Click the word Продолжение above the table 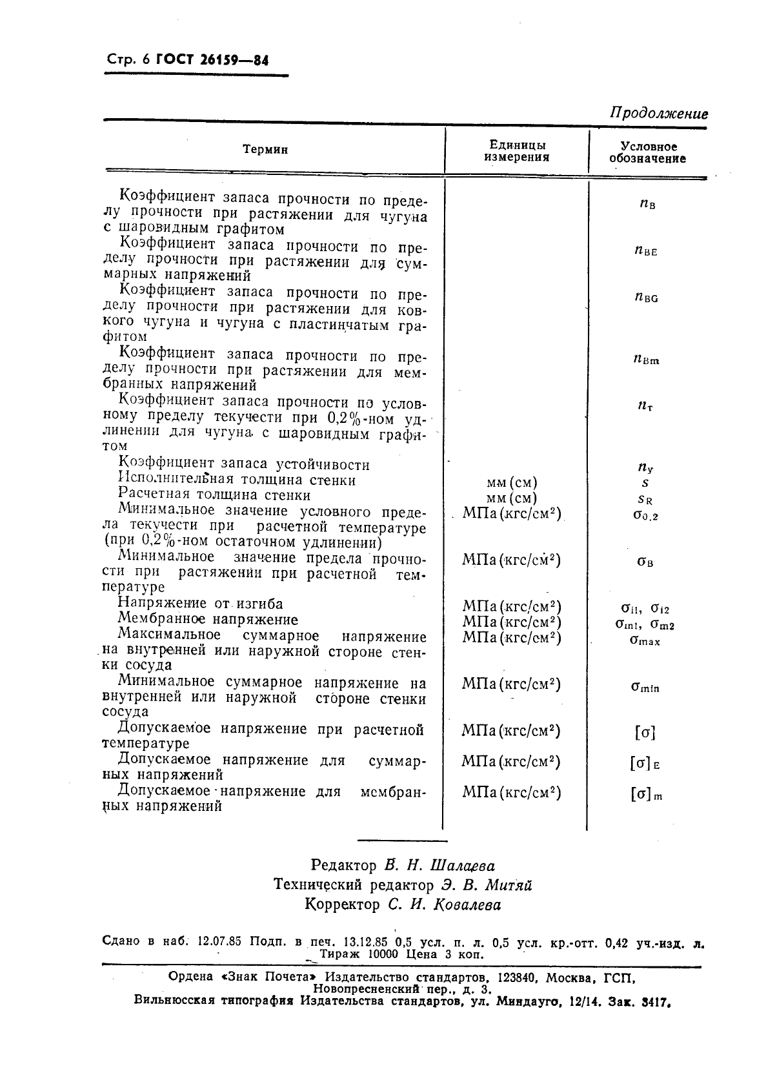point(658,114)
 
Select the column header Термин point(265,150)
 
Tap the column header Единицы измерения point(517,151)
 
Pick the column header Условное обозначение point(647,152)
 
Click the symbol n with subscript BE point(645,251)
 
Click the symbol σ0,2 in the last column point(645,515)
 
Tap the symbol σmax point(645,640)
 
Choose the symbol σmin point(645,687)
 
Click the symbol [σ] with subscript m point(646,795)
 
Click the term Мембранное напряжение point(208,620)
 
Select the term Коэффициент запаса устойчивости point(244,464)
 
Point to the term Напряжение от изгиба point(200,604)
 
